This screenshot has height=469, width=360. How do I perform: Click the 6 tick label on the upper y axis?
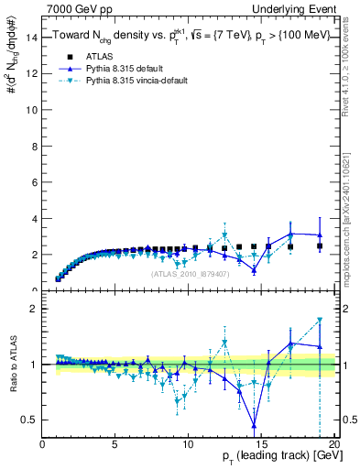34,182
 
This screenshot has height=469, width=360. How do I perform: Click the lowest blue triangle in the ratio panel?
254,425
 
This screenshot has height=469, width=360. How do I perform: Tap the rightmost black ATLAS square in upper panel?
320,246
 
